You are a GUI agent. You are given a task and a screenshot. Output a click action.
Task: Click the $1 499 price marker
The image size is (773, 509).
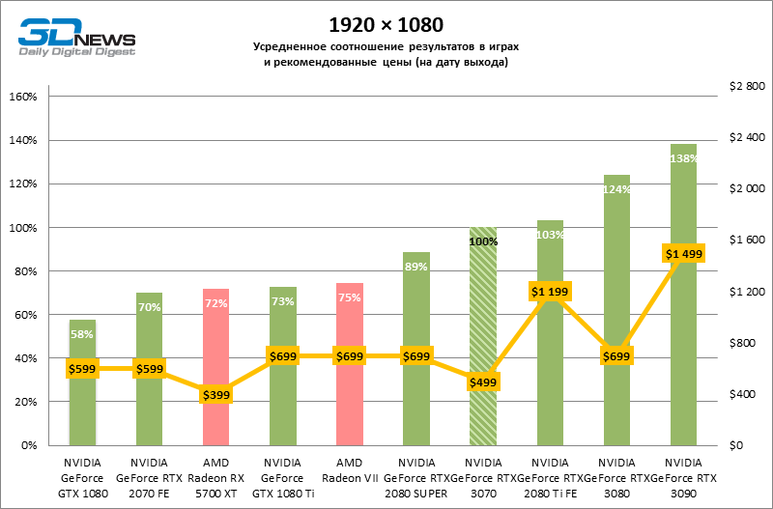[x=683, y=253]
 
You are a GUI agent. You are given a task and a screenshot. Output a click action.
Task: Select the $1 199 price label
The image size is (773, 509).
[x=550, y=291]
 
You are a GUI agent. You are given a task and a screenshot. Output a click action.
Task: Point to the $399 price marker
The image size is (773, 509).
[x=215, y=394]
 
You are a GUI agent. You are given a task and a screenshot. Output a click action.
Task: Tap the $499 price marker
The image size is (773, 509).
[x=482, y=382]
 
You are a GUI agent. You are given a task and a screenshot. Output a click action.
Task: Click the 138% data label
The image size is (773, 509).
[x=683, y=158]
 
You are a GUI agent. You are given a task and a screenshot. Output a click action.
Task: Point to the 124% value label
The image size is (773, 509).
[x=616, y=189]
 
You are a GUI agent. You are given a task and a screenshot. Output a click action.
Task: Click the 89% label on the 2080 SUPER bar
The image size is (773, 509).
[x=416, y=267]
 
